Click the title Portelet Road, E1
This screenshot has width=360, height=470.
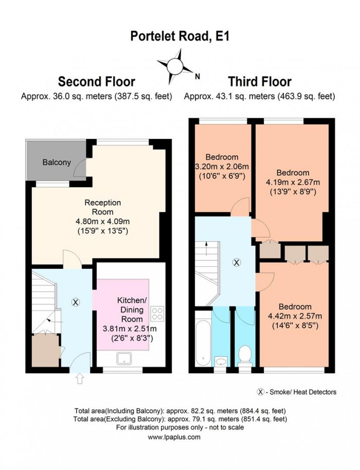tap(179, 37)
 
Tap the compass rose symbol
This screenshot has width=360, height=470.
tap(175, 65)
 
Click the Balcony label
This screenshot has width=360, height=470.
tap(57, 162)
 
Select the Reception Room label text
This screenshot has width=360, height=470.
tap(96, 207)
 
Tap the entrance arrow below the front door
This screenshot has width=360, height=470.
tap(79, 380)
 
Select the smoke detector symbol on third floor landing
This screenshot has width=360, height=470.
tap(236, 262)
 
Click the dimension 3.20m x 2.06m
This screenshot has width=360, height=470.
tap(221, 166)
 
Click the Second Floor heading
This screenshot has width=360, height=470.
tap(96, 82)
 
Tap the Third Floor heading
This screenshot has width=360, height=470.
tap(260, 82)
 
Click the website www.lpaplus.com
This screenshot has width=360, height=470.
tap(174, 437)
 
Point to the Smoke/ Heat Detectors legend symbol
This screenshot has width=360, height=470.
tap(260, 392)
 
